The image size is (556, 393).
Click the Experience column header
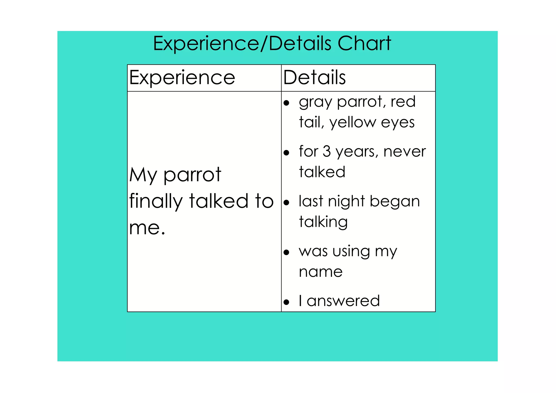tap(182, 78)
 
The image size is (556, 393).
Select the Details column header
tap(314, 78)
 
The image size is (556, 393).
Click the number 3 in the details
tap(327, 151)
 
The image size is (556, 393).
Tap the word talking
tap(323, 222)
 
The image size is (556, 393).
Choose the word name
tap(321, 272)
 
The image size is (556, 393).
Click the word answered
tap(343, 301)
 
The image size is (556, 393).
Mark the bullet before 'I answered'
tap(286, 302)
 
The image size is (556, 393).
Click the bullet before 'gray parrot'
tap(286, 103)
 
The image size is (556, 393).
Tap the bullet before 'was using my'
tap(286, 253)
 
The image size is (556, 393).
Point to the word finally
tap(156, 202)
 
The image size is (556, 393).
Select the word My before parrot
tap(143, 175)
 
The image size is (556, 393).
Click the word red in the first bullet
tap(403, 102)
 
